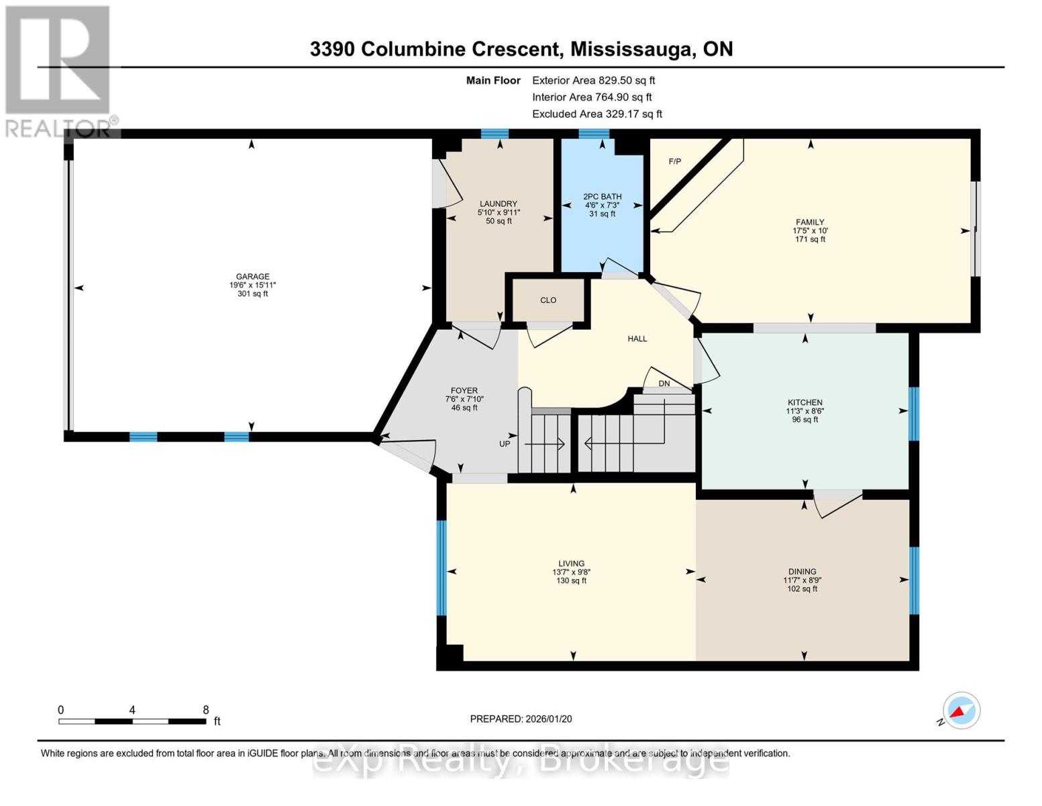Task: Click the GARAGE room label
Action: tap(252, 276)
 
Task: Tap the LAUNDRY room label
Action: tap(499, 204)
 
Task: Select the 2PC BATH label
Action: tap(602, 197)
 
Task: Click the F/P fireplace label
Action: tap(674, 162)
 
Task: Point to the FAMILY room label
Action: tap(810, 222)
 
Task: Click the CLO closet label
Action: tap(548, 300)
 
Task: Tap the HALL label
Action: tap(637, 339)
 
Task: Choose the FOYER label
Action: tap(464, 390)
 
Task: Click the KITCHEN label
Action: tap(804, 402)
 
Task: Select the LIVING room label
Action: tap(572, 564)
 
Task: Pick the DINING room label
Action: tap(802, 572)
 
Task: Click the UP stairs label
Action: tap(505, 444)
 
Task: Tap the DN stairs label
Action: tap(664, 384)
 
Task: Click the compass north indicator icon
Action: tap(961, 711)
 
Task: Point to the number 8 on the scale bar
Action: tap(206, 710)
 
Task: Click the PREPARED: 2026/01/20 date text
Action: tap(521, 719)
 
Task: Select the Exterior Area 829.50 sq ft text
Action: tap(593, 80)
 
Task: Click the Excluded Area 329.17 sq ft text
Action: tap(596, 114)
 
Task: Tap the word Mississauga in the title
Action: tap(631, 49)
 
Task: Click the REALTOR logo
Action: tap(59, 71)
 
